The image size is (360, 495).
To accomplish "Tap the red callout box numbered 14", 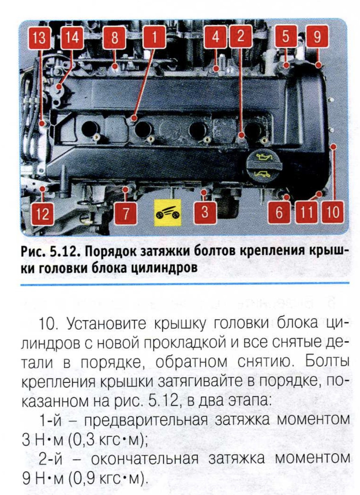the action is coord(72,37).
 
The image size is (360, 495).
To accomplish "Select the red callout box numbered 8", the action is coord(114,37).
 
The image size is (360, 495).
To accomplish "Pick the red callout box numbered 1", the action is coord(154,37).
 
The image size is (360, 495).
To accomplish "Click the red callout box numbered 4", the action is coord(215,37).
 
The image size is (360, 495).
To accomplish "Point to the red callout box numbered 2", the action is coord(240,36).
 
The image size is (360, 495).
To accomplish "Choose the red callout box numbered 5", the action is coord(286,36).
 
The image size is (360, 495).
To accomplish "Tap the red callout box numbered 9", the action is coord(317,36).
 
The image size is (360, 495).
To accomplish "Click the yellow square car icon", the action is coord(168,213).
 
